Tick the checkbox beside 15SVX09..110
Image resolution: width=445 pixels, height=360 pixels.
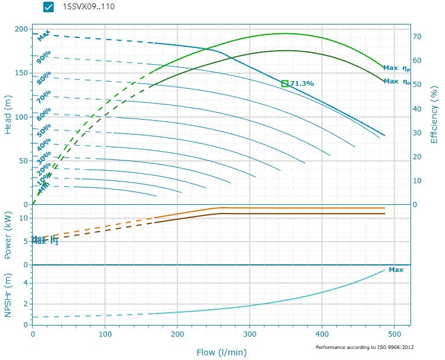coord(48,7)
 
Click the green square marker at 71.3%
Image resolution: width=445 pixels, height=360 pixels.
coord(285,83)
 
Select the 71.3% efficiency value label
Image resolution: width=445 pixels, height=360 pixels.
coord(302,83)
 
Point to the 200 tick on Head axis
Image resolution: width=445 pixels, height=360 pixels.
coord(21,29)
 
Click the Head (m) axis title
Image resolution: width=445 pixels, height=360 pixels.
coord(8,117)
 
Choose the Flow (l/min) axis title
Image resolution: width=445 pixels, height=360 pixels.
coord(222,352)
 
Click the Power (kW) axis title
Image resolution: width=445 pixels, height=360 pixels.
coord(8,235)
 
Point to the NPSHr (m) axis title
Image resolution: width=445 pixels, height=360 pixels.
coord(8,295)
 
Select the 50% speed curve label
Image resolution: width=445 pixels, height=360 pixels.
coord(44,130)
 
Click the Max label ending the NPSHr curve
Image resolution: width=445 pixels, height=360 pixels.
coord(396,270)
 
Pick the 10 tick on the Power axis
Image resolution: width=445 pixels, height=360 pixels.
coord(25,218)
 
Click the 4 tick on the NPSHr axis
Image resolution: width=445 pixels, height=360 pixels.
coord(26,283)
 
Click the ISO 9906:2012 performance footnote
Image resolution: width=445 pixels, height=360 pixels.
coord(365,347)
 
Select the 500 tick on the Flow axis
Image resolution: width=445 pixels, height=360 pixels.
coord(395,334)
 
